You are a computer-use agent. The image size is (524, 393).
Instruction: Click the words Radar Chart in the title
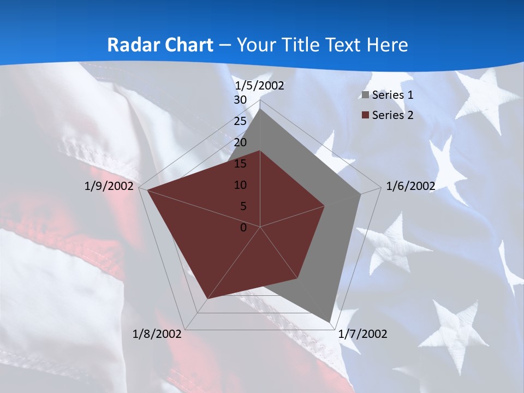(160, 45)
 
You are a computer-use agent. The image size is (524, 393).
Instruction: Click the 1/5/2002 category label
(259, 86)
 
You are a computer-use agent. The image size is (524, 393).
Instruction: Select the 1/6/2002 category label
(410, 186)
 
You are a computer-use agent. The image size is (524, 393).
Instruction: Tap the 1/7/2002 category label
(363, 334)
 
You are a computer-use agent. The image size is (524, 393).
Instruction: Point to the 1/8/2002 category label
(157, 334)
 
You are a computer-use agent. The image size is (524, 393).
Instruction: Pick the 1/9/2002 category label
(109, 186)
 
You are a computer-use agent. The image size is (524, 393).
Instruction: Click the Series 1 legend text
(392, 95)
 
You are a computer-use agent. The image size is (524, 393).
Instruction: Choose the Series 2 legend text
(392, 115)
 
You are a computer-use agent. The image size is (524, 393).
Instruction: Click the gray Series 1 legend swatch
(366, 96)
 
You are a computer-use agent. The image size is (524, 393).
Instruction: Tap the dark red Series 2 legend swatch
(366, 115)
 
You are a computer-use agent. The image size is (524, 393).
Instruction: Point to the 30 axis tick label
(240, 100)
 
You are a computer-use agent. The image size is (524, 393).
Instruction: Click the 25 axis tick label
(240, 121)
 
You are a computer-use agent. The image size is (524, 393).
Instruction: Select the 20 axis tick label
(240, 142)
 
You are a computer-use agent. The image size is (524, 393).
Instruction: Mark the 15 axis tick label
(240, 164)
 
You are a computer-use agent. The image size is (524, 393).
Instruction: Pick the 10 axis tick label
(240, 185)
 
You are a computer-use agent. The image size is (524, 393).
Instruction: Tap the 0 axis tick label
(243, 228)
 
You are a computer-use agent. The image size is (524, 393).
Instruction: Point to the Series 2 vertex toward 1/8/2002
(207, 299)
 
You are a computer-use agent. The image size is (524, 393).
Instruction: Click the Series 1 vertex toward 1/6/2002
(360, 194)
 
